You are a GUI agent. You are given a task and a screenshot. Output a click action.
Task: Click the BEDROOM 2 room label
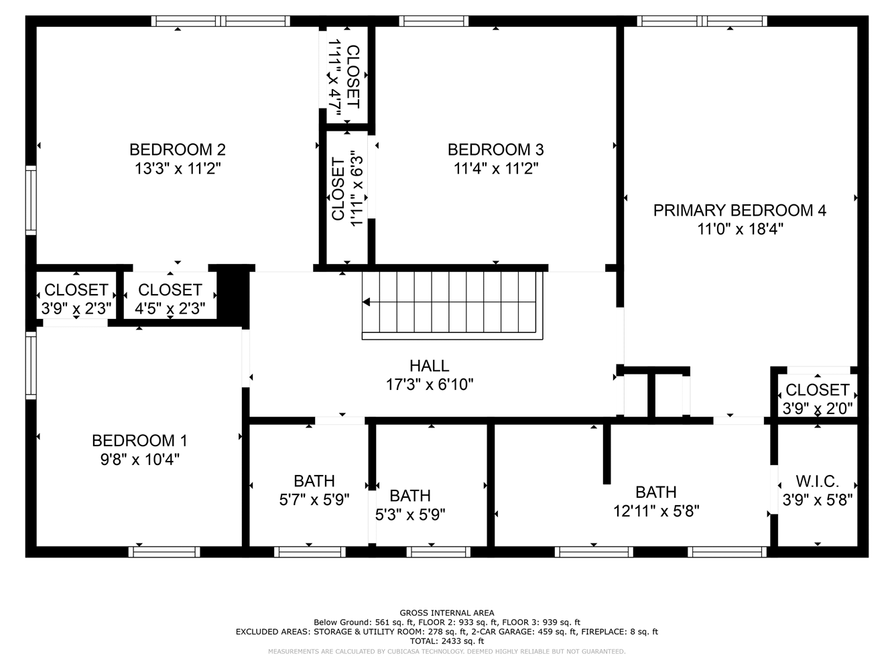coord(178,150)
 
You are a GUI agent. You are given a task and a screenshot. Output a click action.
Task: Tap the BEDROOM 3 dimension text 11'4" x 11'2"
coord(496,168)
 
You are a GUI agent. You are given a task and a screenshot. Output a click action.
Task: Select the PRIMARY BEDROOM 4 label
coord(740,210)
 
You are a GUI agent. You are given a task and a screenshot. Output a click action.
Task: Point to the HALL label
coord(430,366)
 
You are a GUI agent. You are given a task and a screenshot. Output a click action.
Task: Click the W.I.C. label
coord(818,482)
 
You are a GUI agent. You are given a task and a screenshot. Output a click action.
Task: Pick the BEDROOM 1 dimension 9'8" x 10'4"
coord(139,460)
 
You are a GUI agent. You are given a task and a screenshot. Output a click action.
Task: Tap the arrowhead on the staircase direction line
coord(366,302)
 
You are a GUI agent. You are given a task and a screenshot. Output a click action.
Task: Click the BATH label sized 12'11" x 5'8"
coord(655,492)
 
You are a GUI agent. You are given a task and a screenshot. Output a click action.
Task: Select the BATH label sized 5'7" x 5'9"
coord(314,480)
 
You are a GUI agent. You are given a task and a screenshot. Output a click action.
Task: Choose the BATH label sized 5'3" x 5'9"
coord(409,496)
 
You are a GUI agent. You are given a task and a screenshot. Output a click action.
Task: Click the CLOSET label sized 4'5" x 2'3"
coord(170,290)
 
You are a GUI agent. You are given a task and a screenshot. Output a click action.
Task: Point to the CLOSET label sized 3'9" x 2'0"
coord(818,390)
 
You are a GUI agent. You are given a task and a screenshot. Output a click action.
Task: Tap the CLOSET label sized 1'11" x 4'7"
coord(353,77)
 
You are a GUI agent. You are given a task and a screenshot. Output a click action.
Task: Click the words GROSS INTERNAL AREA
coord(447,612)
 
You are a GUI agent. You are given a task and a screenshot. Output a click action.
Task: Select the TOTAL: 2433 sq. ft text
coord(447,641)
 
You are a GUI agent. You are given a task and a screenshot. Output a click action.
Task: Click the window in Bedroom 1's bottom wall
coord(164,552)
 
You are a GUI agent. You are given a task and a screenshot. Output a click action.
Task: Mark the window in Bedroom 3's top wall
coord(434,21)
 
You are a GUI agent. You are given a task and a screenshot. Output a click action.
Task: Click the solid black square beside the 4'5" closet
coord(233,295)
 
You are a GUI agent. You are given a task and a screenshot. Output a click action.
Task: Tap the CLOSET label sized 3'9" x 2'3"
coord(76,290)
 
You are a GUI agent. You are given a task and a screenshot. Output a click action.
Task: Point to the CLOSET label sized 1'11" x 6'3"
coord(338,189)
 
